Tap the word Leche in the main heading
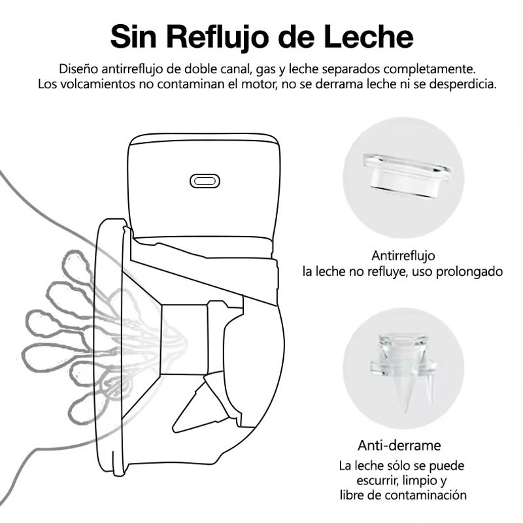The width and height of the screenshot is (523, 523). [x=368, y=37]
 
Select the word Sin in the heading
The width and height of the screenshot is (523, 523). [x=133, y=37]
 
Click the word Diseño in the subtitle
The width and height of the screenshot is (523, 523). [x=78, y=69]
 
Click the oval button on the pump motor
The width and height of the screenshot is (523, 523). [x=205, y=181]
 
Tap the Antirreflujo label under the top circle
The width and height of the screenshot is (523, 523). [x=403, y=256]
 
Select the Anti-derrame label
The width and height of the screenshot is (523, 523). [x=399, y=445]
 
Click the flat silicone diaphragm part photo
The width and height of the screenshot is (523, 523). [x=407, y=175]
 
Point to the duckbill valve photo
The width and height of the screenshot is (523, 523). [x=403, y=370]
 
